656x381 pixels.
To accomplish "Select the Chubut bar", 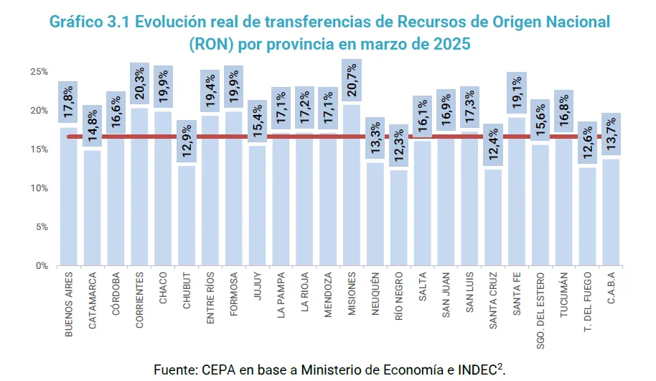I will [187, 216].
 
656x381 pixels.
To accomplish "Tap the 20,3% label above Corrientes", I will [140, 83].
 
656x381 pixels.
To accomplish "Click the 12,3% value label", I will [399, 146].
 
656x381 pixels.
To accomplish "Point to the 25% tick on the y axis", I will [39, 72].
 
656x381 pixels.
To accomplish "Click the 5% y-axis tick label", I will [41, 227].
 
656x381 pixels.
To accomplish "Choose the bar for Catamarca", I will [92, 208].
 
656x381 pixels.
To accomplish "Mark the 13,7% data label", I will [612, 134].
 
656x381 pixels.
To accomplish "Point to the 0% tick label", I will [41, 266].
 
